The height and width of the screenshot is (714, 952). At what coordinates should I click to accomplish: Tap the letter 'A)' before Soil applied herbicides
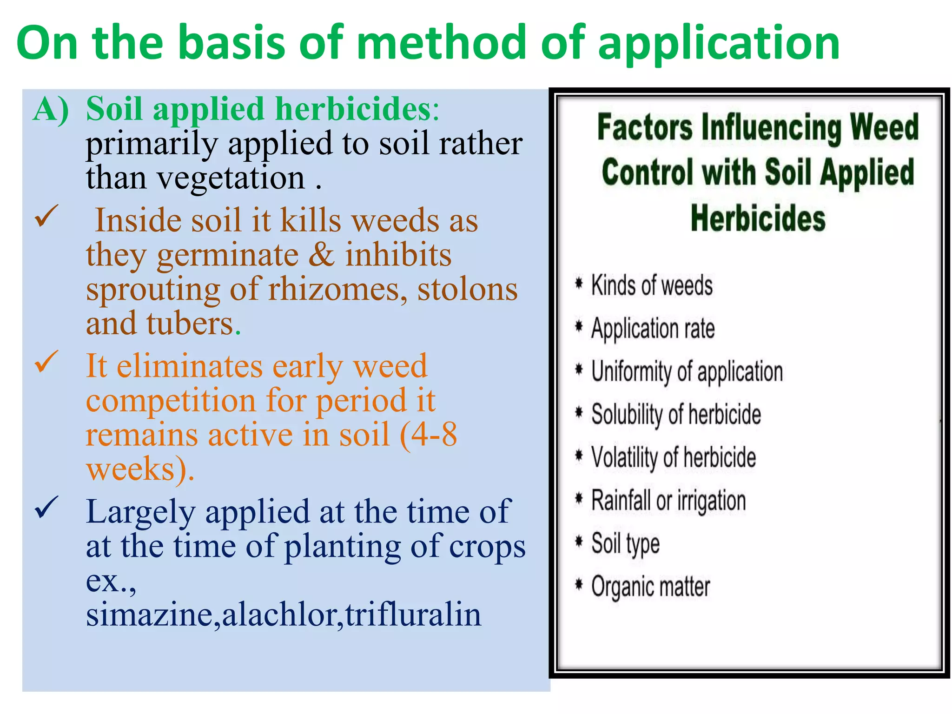51,109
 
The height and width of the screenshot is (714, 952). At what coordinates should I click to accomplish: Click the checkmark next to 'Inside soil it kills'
46,216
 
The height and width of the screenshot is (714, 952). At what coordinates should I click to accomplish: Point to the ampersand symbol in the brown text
321,255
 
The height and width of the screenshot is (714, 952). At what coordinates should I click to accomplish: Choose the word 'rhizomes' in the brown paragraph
334,289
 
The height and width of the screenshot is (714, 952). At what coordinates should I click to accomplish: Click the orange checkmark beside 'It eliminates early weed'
46,362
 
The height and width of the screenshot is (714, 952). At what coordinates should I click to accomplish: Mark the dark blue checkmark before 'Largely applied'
46,507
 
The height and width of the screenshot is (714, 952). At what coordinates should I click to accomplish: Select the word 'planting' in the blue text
342,547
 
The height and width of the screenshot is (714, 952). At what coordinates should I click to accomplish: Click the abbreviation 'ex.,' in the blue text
111,581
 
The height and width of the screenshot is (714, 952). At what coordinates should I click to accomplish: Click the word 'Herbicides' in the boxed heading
758,218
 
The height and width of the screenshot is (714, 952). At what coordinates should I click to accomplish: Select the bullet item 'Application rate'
653,328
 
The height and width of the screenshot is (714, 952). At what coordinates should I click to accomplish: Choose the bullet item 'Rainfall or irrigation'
668,501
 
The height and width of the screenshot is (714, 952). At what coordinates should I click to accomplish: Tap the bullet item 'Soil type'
625,543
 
